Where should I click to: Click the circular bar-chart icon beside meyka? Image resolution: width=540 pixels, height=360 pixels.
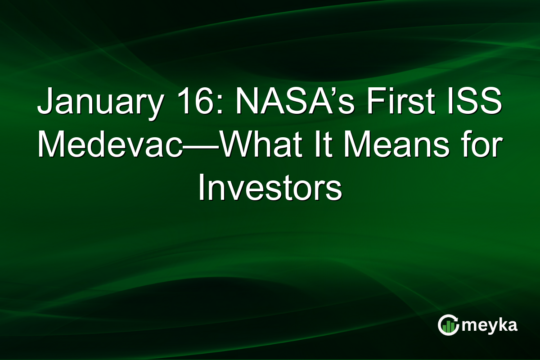coord(448,325)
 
